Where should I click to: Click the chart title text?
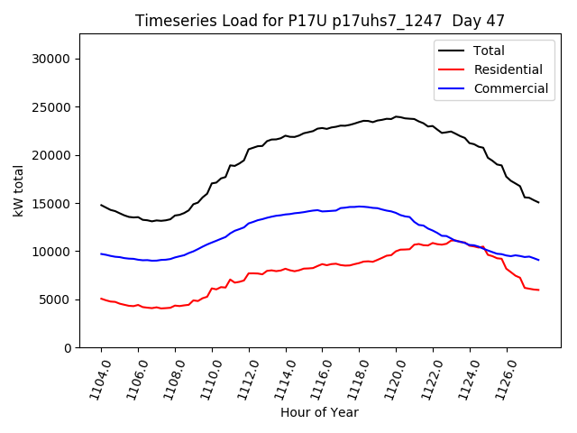[x=320, y=20]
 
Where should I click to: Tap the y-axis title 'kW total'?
[x=18, y=190]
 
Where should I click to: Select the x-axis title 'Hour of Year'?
[x=319, y=412]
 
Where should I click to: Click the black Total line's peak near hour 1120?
[x=396, y=116]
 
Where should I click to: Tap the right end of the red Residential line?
[x=538, y=290]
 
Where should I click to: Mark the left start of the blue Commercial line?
[x=101, y=253]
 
